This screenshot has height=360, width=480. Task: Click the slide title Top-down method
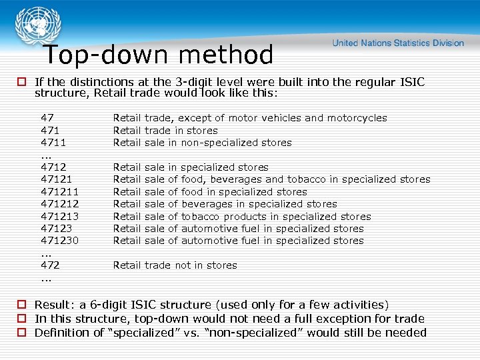(159, 55)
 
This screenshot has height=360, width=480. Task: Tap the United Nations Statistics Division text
(398, 43)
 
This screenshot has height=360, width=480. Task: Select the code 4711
(53, 143)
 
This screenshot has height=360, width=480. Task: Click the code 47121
(56, 179)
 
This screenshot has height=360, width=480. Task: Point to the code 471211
(59, 192)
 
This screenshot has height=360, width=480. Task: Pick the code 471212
(59, 204)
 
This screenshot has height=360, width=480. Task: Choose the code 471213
(59, 217)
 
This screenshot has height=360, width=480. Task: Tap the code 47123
(56, 229)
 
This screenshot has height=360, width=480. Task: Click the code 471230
(59, 241)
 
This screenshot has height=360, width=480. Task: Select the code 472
(50, 265)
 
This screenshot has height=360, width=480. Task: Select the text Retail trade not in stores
(175, 265)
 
